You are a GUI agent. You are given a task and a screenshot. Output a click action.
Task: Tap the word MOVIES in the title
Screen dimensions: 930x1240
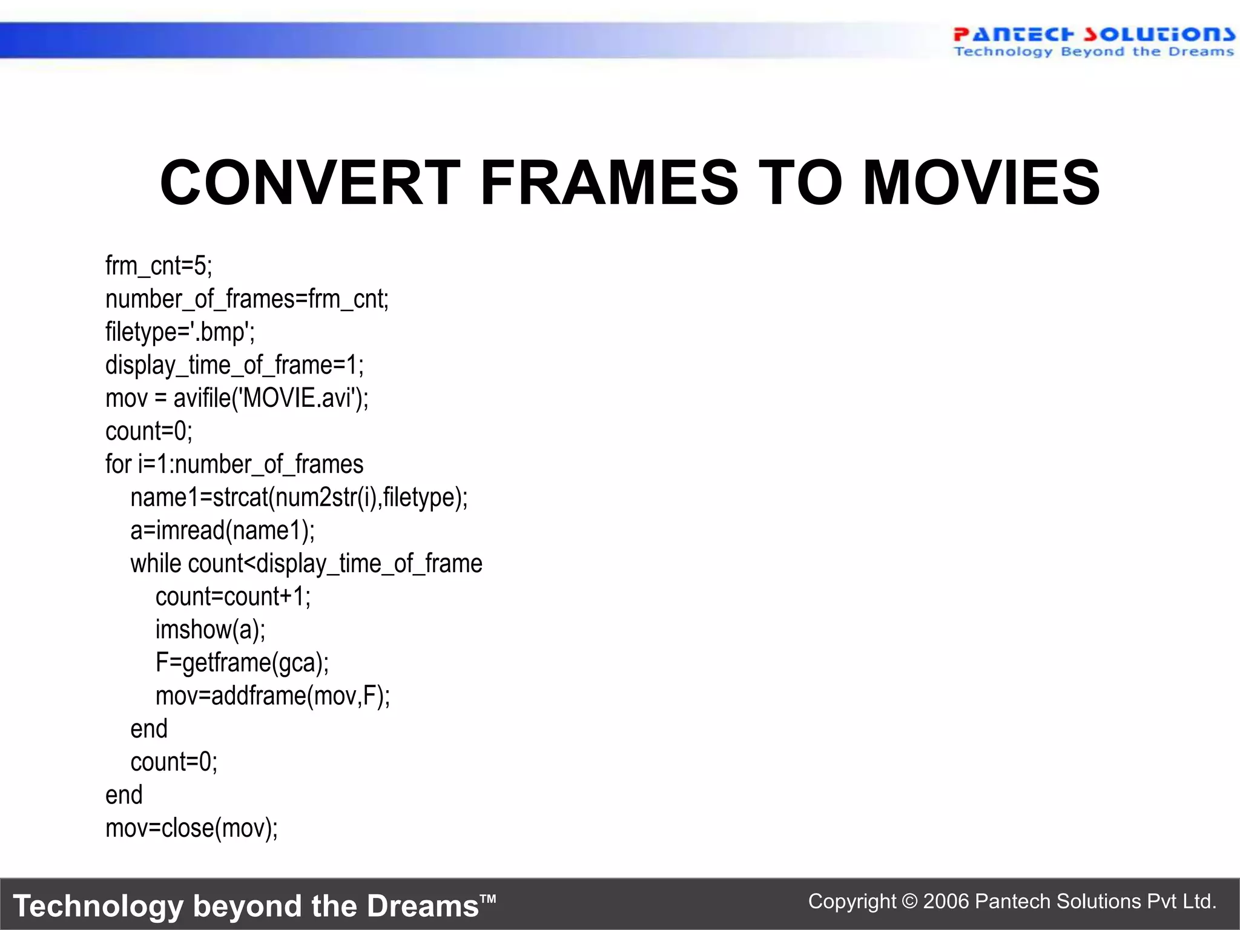(x=981, y=183)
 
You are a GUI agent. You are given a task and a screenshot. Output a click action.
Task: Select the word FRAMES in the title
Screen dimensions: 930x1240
(x=609, y=183)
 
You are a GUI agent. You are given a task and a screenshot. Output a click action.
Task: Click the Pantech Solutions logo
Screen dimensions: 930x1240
(x=1093, y=41)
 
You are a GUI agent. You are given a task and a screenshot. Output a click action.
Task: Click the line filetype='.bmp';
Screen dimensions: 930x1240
(x=180, y=332)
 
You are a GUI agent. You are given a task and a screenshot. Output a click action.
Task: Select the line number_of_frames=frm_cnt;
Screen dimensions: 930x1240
(x=247, y=299)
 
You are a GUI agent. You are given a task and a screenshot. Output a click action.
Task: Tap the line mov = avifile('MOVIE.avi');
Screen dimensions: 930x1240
(x=237, y=398)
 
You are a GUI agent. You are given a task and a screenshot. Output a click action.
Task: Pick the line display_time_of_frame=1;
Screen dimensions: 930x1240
(x=234, y=365)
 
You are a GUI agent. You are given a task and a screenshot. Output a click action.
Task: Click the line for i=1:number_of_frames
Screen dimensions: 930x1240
(x=234, y=464)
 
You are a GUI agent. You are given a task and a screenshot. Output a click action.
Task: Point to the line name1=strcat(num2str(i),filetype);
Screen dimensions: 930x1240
(x=299, y=498)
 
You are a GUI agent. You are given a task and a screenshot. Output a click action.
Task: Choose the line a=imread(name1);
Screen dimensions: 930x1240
(x=222, y=531)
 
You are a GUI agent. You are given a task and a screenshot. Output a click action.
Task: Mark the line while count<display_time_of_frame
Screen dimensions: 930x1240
(x=306, y=564)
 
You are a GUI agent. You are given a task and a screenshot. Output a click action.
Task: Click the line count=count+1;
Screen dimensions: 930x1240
(x=233, y=597)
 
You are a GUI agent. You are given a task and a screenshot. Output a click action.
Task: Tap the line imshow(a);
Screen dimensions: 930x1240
(x=210, y=630)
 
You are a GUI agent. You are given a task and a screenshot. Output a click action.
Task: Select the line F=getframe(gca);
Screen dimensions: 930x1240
(x=242, y=663)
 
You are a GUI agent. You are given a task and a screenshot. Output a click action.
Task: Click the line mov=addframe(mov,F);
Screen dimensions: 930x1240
(x=272, y=696)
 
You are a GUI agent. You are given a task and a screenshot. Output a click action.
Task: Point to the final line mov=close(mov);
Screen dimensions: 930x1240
(x=191, y=828)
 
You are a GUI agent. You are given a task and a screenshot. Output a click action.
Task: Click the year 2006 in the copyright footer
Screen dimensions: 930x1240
(x=946, y=902)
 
